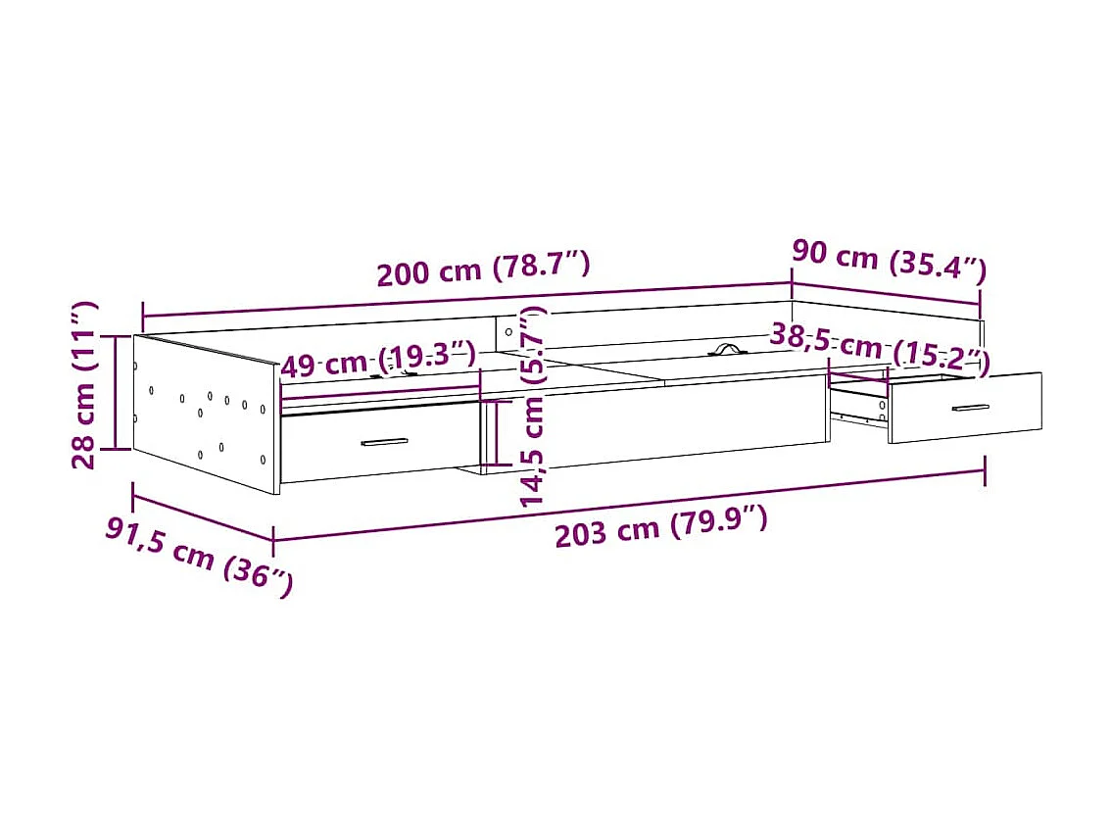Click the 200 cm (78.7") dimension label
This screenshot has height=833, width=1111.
click(483, 269)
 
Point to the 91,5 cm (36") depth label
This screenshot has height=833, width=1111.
click(199, 558)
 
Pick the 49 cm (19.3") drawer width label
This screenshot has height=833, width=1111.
click(377, 362)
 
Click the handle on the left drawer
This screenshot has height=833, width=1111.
click(384, 442)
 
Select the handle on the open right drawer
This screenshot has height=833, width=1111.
click(970, 408)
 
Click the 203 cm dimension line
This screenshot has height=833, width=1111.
click(627, 505)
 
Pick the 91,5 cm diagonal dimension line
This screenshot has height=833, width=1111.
click(201, 514)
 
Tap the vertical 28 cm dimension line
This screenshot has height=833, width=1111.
click(117, 392)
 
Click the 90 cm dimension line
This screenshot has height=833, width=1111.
click(886, 293)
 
